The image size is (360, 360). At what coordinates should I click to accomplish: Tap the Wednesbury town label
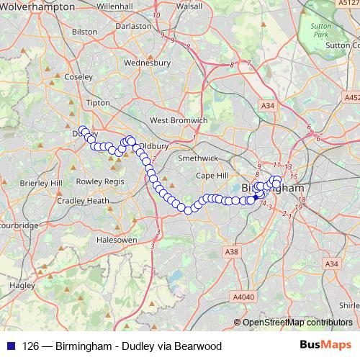point(147,63)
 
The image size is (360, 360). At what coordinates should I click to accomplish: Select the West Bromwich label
point(179,120)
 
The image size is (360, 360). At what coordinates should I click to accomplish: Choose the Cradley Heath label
point(83,201)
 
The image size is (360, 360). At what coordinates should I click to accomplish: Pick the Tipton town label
point(97,103)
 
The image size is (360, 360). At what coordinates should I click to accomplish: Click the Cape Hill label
point(211,175)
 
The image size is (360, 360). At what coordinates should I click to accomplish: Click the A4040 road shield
point(244,296)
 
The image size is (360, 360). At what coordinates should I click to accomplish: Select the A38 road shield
point(231,251)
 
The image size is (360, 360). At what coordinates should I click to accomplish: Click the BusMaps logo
point(325,345)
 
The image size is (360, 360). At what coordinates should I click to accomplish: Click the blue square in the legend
point(11,346)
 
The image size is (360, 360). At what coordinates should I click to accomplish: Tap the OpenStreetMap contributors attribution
point(297,322)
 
